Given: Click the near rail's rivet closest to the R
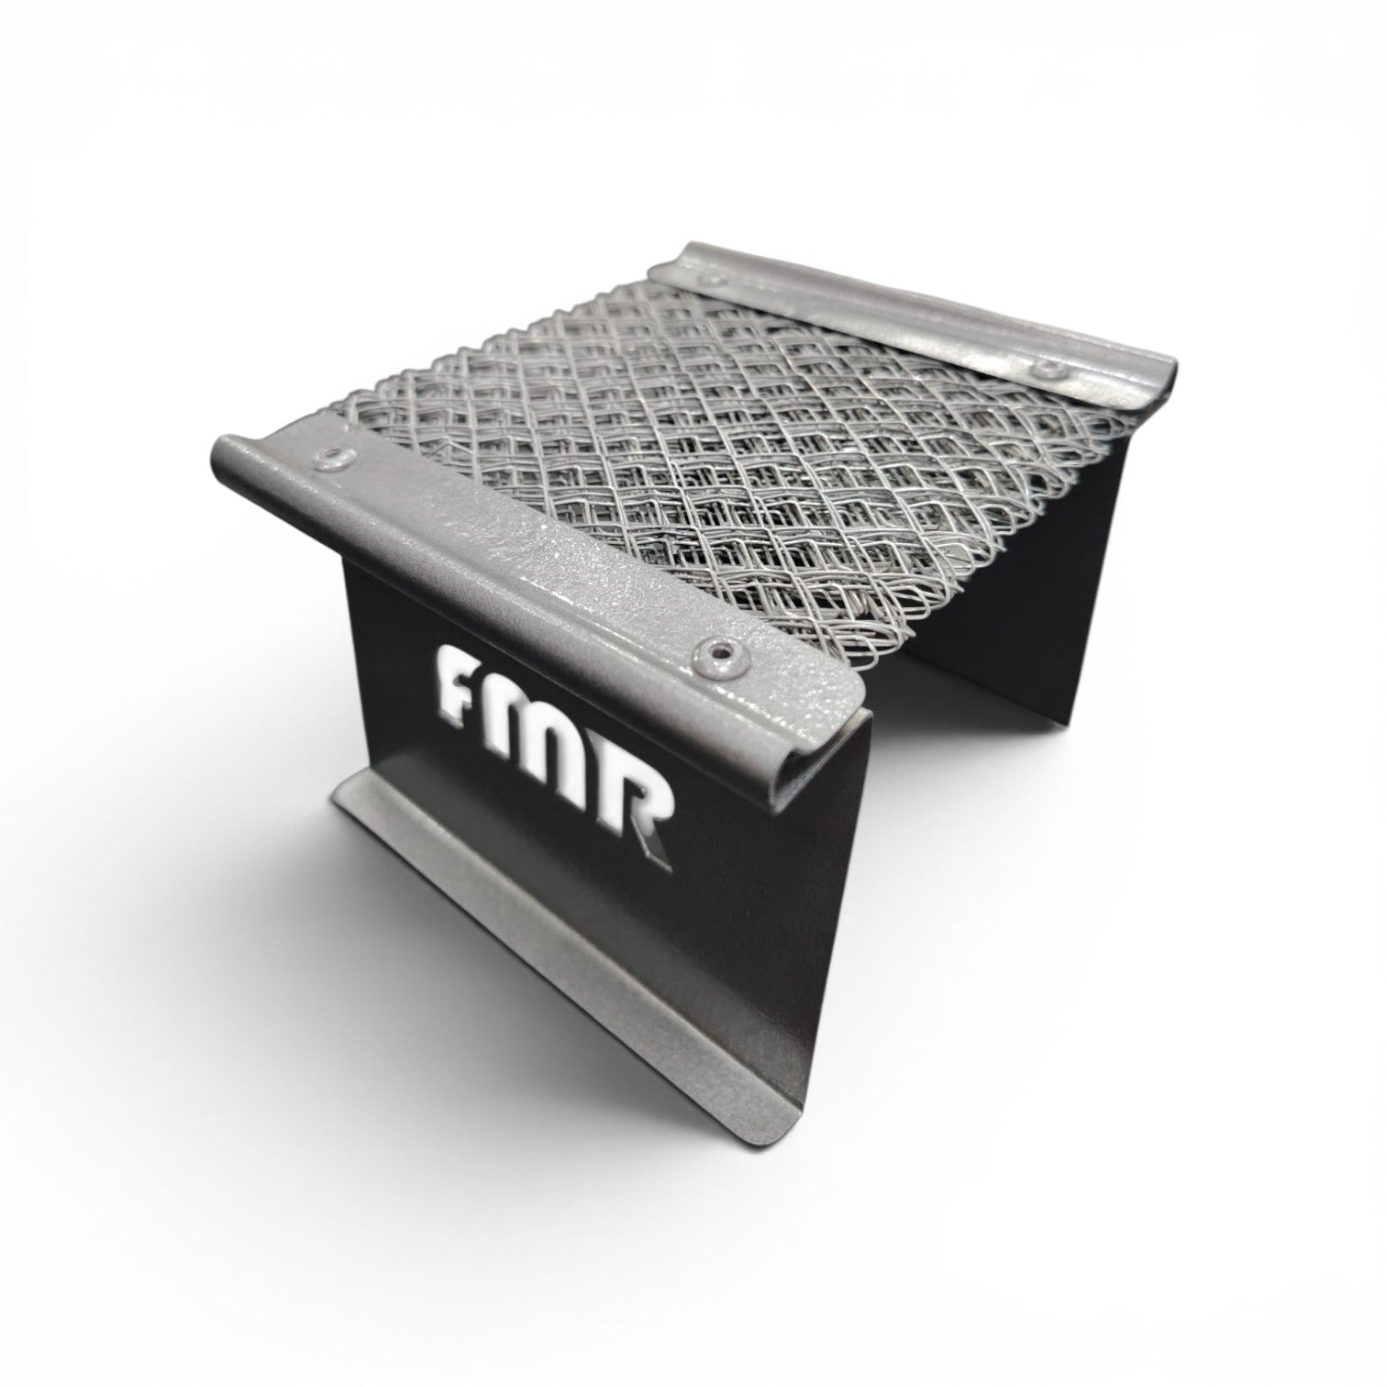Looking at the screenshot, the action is point(714,651).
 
